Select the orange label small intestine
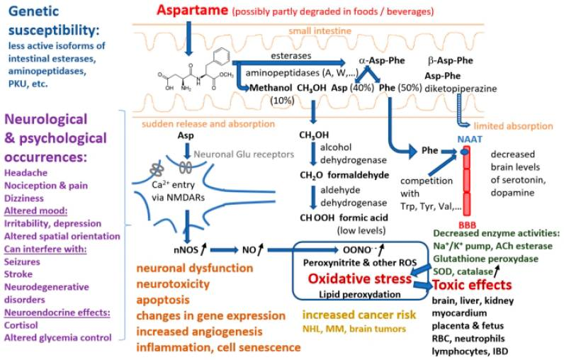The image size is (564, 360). click(318, 31)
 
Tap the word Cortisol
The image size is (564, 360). click(23, 325)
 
